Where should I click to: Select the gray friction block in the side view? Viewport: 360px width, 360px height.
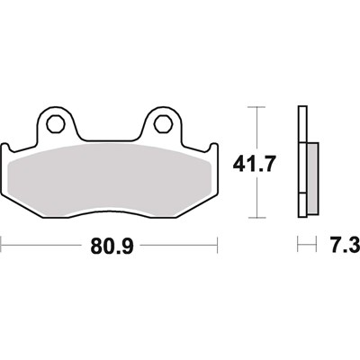coord(311,175)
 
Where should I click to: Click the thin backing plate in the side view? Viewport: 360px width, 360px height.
coord(302,162)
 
